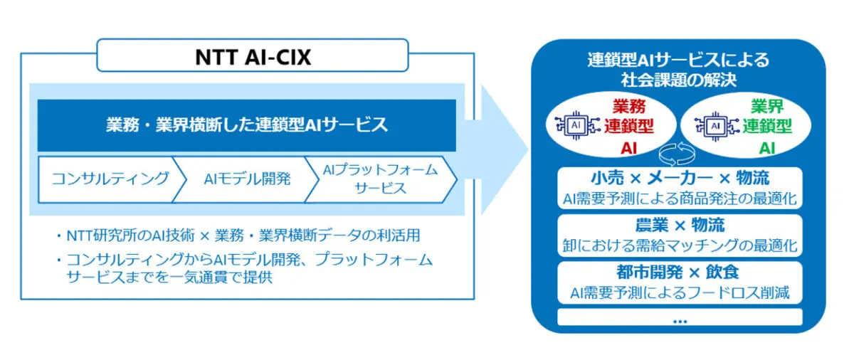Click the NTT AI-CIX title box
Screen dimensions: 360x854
click(253, 55)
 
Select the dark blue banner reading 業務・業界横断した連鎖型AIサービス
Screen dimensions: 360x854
click(246, 125)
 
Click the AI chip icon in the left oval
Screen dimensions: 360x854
click(574, 126)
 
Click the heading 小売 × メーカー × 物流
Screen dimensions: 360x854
click(679, 178)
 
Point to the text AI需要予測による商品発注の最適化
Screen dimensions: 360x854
click(679, 197)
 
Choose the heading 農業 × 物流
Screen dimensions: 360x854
click(679, 225)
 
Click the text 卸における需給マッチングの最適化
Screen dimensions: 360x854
click(679, 245)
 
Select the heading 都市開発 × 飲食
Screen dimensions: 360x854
click(679, 272)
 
